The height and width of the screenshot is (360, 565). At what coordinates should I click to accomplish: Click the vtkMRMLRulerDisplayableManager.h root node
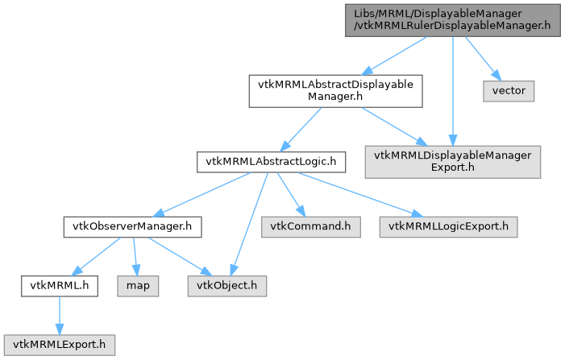tap(452, 19)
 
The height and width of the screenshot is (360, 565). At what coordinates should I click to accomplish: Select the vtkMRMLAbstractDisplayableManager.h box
tap(334, 92)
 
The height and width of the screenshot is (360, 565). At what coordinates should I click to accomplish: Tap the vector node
tap(509, 90)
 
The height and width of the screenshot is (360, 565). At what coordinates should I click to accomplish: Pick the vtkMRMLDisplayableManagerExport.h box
tap(452, 162)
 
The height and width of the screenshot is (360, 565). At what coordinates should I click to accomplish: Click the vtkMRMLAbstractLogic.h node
tap(271, 163)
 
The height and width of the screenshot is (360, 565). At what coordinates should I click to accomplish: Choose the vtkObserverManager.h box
tap(132, 227)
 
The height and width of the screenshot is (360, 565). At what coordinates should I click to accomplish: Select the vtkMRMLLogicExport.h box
tap(448, 227)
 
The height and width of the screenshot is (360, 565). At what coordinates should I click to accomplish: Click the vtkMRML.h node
tap(60, 285)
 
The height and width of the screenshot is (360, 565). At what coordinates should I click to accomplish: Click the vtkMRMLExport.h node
tap(59, 344)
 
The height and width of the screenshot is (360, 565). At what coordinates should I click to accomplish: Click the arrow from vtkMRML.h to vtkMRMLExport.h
tap(59, 314)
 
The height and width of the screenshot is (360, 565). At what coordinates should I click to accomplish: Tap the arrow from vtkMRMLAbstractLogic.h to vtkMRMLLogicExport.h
tap(355, 193)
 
